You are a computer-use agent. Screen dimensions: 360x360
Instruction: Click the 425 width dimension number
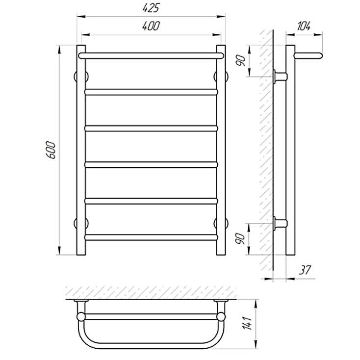click(x=151, y=8)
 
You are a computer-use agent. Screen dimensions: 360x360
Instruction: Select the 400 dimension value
click(x=151, y=26)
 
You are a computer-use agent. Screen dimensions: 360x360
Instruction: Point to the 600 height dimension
click(x=51, y=150)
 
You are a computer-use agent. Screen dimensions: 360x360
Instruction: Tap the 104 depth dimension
click(x=304, y=26)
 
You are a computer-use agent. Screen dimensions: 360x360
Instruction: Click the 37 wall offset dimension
click(x=305, y=270)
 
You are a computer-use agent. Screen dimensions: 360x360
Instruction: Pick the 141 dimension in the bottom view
click(x=247, y=323)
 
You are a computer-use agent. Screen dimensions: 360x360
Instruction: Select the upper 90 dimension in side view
click(x=241, y=61)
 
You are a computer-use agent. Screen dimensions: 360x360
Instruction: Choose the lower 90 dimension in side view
click(x=241, y=239)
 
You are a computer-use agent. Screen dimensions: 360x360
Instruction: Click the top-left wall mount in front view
click(x=81, y=77)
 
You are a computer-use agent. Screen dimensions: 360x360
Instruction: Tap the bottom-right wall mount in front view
click(x=221, y=223)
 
